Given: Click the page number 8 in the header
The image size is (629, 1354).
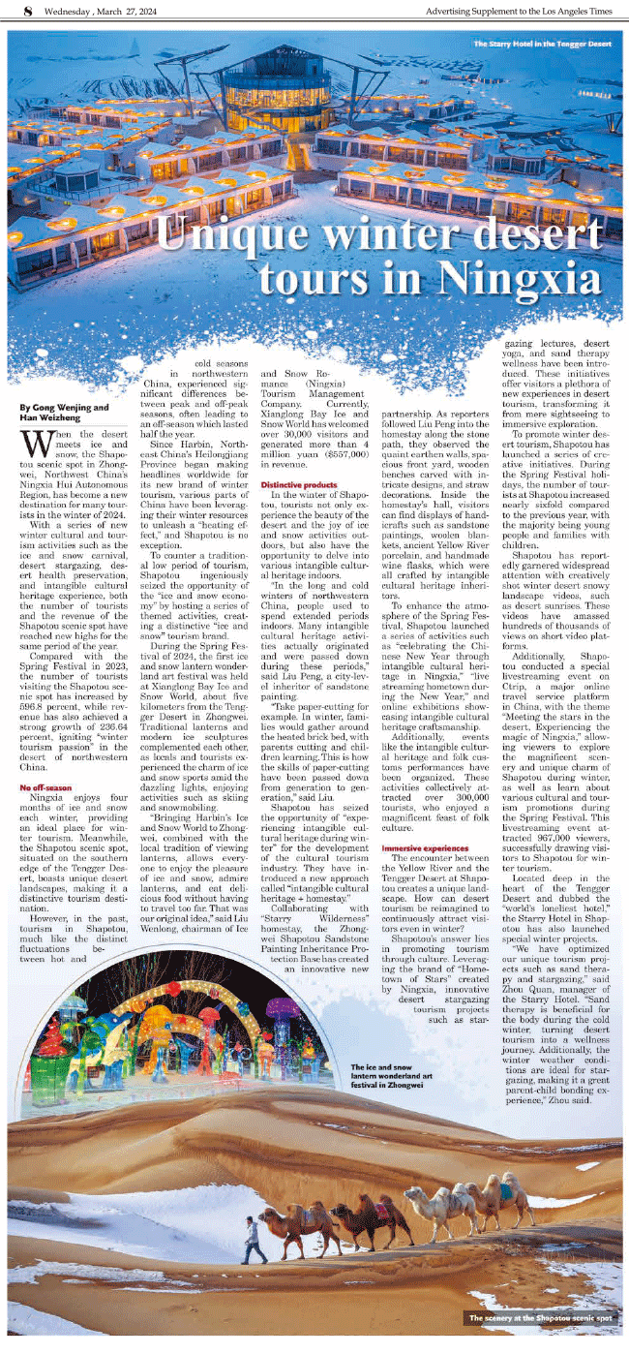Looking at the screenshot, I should pos(14,11).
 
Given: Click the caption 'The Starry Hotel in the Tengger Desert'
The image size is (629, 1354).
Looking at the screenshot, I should pos(542,45).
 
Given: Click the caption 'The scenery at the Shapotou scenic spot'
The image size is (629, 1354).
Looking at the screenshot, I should pos(540,1318).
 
